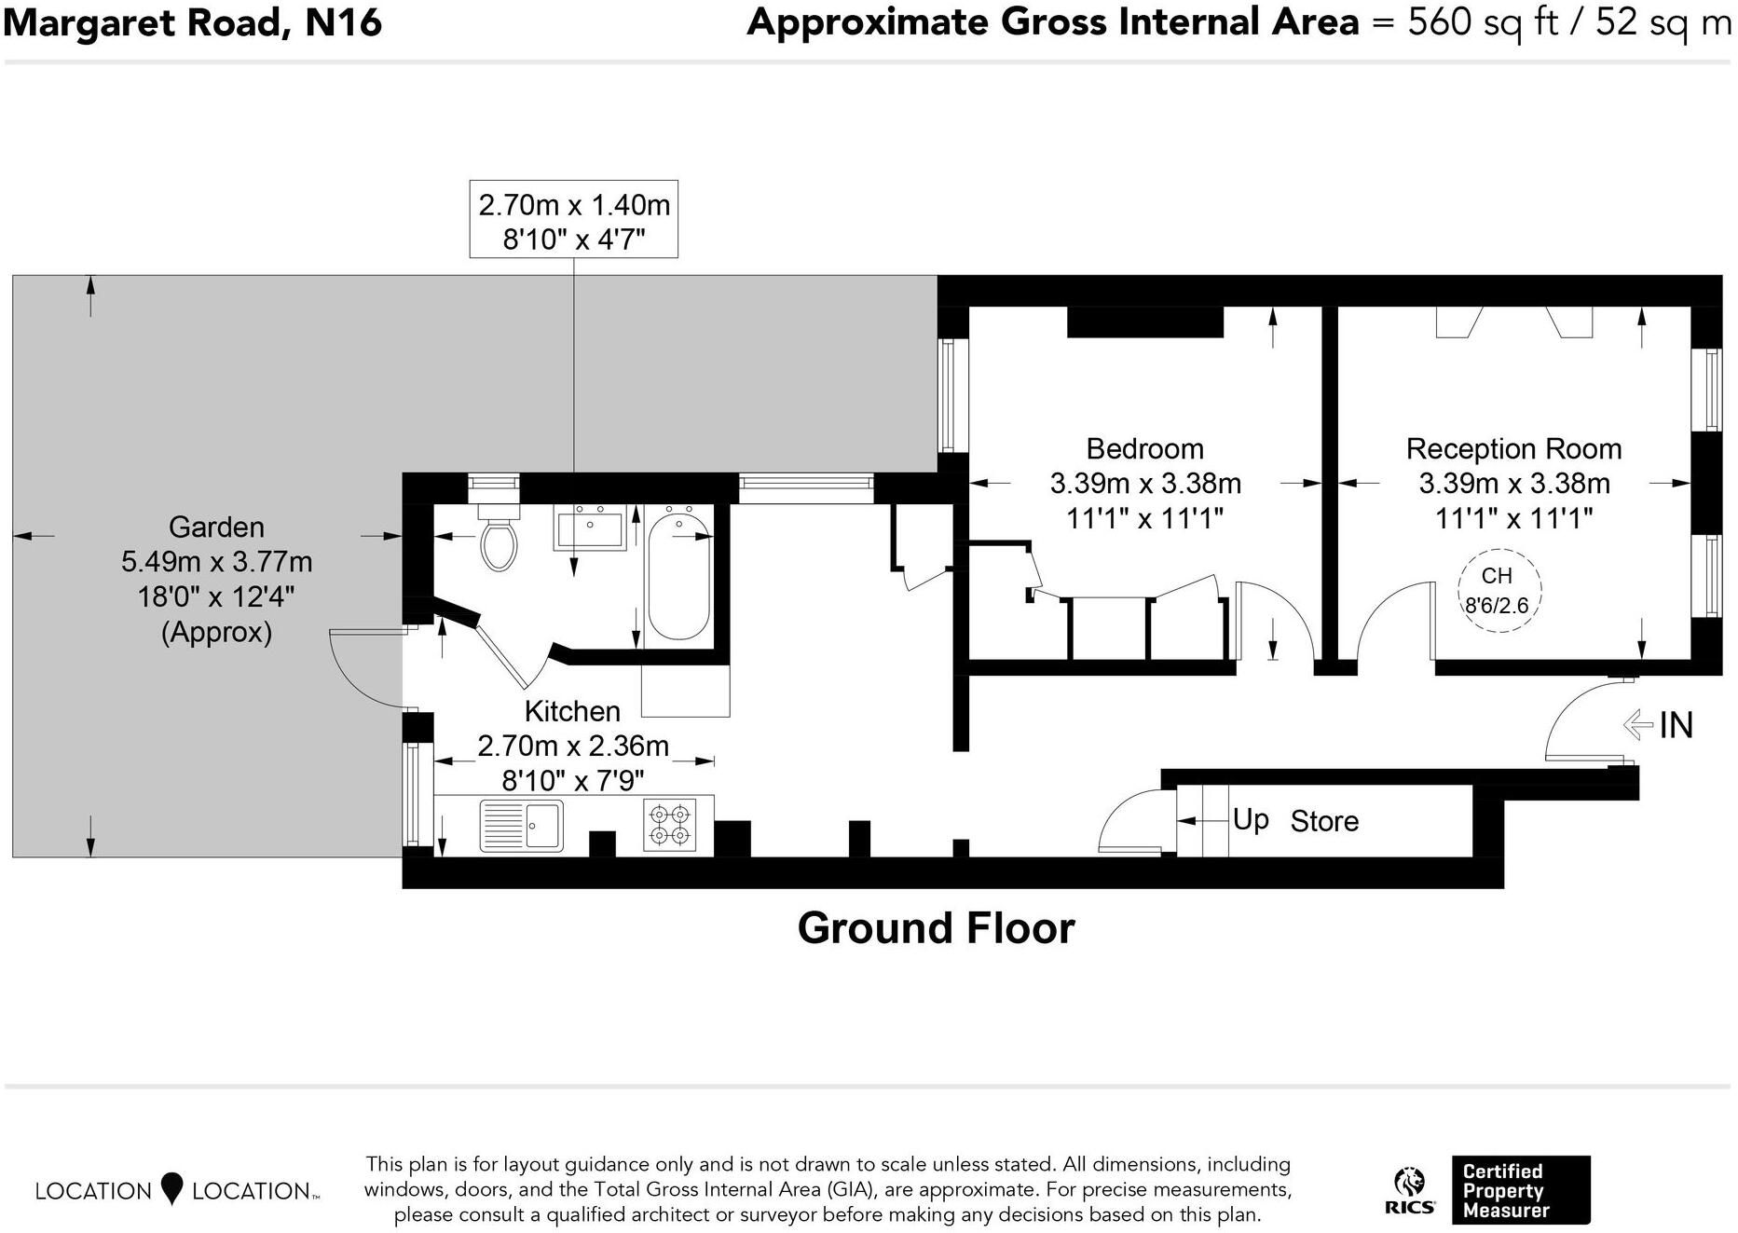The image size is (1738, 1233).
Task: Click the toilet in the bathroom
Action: pyautogui.click(x=499, y=543)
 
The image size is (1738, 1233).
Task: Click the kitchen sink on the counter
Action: pyautogui.click(x=521, y=826)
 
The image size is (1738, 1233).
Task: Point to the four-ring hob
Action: pyautogui.click(x=669, y=824)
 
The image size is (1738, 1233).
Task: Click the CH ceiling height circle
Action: pyautogui.click(x=1499, y=591)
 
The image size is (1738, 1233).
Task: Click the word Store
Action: pyautogui.click(x=1323, y=821)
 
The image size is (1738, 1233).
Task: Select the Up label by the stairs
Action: pyautogui.click(x=1250, y=819)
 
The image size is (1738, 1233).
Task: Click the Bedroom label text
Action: pyautogui.click(x=1144, y=449)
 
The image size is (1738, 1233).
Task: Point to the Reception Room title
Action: pyautogui.click(x=1513, y=449)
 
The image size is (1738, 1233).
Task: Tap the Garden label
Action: pyautogui.click(x=216, y=527)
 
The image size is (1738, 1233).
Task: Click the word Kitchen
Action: pyautogui.click(x=571, y=711)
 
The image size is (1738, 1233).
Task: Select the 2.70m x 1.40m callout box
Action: pyautogui.click(x=573, y=220)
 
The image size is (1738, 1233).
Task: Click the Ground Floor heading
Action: pyautogui.click(x=936, y=928)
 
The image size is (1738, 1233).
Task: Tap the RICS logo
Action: pyautogui.click(x=1409, y=1191)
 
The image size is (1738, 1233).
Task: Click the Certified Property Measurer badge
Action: pyautogui.click(x=1519, y=1190)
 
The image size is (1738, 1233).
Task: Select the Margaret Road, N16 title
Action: pyautogui.click(x=193, y=22)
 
